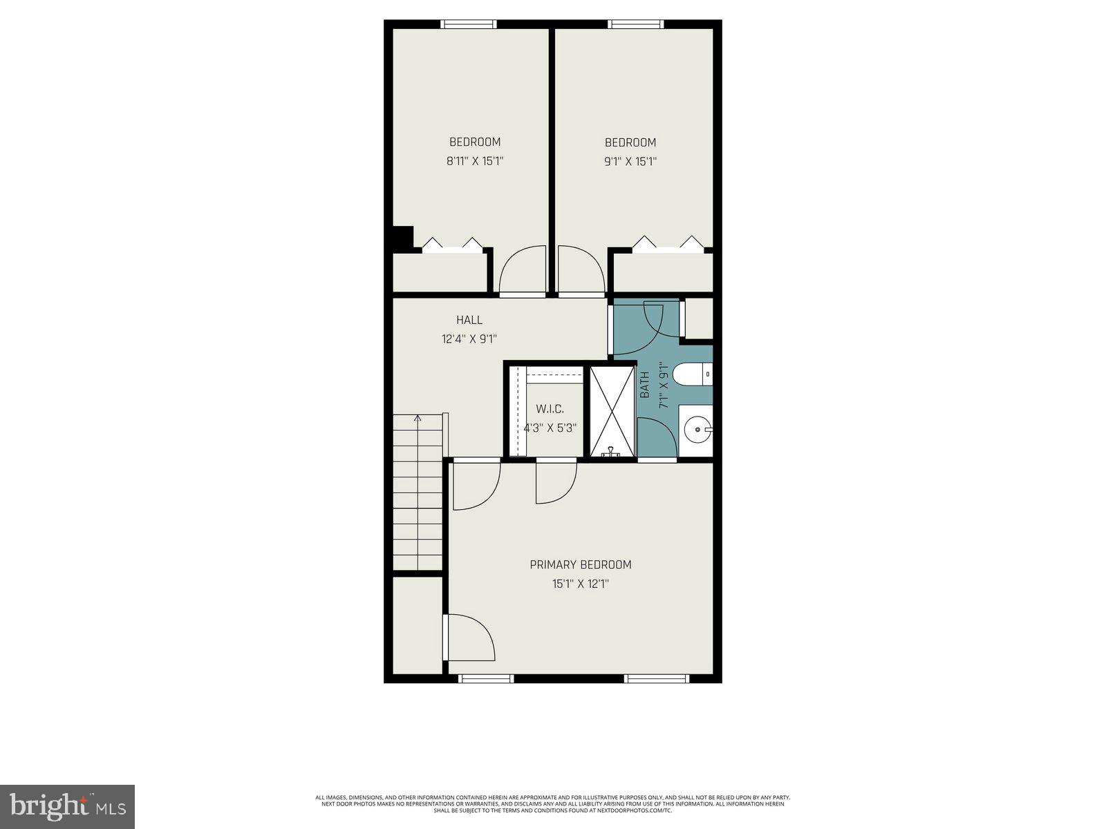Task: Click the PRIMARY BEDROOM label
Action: [x=580, y=564]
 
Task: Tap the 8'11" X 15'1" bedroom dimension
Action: [x=474, y=162]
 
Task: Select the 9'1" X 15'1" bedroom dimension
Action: [x=630, y=162]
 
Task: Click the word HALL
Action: [x=469, y=320]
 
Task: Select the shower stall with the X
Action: [x=612, y=411]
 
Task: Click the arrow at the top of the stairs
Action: [x=418, y=419]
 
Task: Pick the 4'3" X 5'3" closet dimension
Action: [x=550, y=428]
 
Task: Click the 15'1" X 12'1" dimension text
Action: [x=580, y=584]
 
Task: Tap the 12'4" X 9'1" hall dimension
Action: [x=469, y=339]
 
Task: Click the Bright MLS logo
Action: [x=67, y=806]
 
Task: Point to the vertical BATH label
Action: [x=645, y=385]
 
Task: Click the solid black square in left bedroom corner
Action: [x=402, y=236]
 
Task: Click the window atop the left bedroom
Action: [x=469, y=24]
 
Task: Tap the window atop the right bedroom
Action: [x=635, y=24]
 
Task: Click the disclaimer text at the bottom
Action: [x=552, y=803]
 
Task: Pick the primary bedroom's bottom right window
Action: [x=656, y=678]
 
